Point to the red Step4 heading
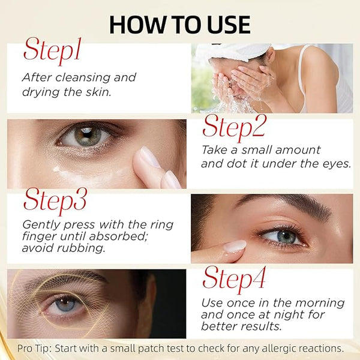click(x=234, y=279)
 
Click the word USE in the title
click(x=229, y=25)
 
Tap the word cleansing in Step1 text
click(x=83, y=77)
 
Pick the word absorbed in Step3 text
click(x=118, y=236)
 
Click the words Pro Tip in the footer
click(x=34, y=349)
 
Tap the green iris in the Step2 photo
click(x=87, y=136)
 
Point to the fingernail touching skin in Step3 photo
click(x=235, y=245)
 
